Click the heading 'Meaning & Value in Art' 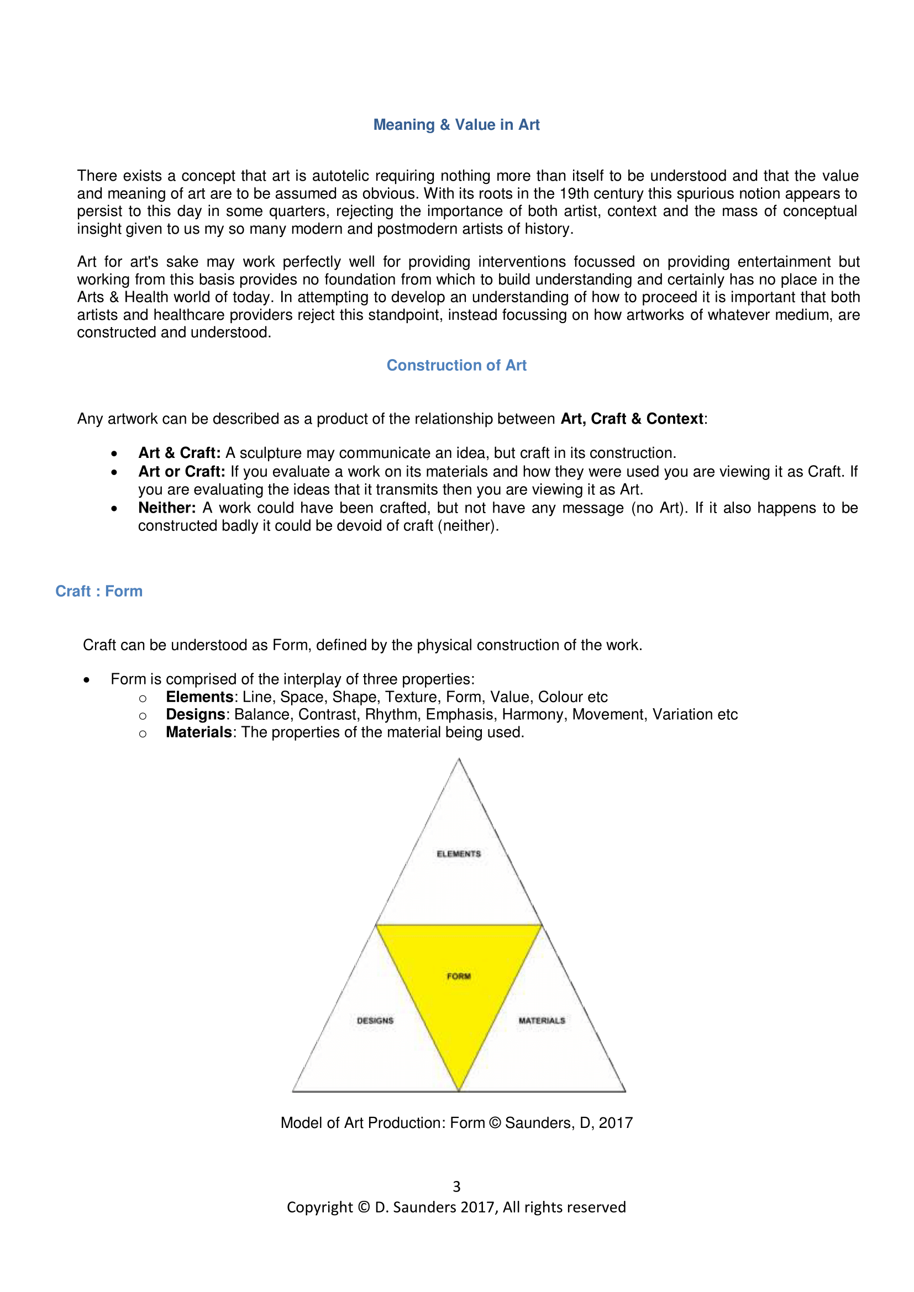pos(456,124)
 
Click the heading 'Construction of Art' pos(456,365)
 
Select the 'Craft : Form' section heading pos(99,591)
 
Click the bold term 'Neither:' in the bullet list pos(167,508)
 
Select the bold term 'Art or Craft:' pos(182,472)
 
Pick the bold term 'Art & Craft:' pos(180,453)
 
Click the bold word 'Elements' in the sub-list pos(199,697)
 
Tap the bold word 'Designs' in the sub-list pos(195,714)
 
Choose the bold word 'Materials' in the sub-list pos(199,732)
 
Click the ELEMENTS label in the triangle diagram pos(459,853)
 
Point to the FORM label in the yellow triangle pos(459,976)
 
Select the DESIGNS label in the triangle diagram pos(375,1020)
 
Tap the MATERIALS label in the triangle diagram pos(542,1020)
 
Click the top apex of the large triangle pos(459,760)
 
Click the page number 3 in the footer pos(456,1186)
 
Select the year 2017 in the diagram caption pos(616,1122)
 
